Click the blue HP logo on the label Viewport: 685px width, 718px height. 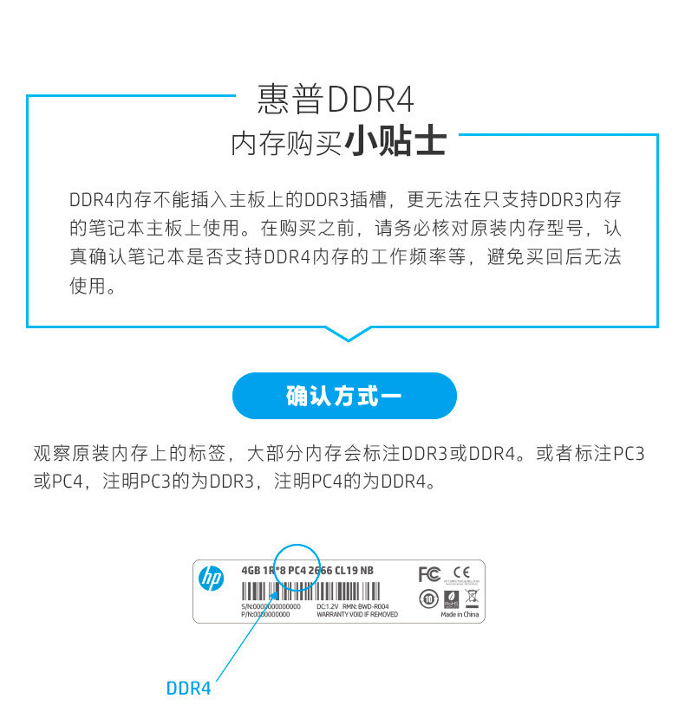[211, 579]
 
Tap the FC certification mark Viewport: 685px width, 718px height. [428, 574]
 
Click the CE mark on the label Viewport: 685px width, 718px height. [461, 573]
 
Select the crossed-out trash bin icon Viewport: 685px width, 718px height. [472, 597]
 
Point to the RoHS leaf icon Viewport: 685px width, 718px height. [451, 598]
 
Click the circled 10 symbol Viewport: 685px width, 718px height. [428, 598]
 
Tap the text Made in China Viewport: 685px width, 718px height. [460, 614]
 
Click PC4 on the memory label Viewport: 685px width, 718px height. [297, 570]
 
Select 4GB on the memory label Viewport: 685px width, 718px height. [251, 570]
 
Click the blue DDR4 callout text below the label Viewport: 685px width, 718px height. [188, 689]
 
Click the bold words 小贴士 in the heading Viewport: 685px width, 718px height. [396, 142]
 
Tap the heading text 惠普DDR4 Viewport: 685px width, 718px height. [336, 100]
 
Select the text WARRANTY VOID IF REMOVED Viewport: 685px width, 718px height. [356, 614]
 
